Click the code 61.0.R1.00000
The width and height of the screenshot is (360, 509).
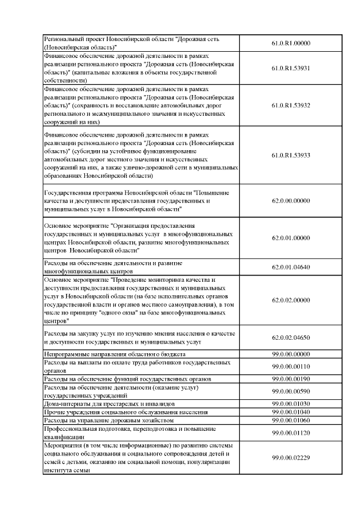click(x=291, y=43)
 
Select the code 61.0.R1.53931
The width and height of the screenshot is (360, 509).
click(x=291, y=68)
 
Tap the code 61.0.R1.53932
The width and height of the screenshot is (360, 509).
click(x=291, y=105)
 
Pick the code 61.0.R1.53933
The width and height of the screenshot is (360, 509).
click(x=291, y=155)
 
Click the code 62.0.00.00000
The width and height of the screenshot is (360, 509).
click(x=291, y=200)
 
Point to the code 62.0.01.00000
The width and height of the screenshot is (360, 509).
click(x=291, y=238)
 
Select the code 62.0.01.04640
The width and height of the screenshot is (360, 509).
click(x=291, y=267)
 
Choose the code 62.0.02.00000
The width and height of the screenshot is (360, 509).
click(x=291, y=300)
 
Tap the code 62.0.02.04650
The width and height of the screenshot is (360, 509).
click(x=291, y=337)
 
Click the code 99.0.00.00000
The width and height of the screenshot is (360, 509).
click(x=291, y=354)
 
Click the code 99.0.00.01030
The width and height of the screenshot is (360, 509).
click(x=291, y=404)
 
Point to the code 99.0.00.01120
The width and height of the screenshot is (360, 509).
click(x=291, y=433)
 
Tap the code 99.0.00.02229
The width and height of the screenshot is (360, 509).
click(x=291, y=459)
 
